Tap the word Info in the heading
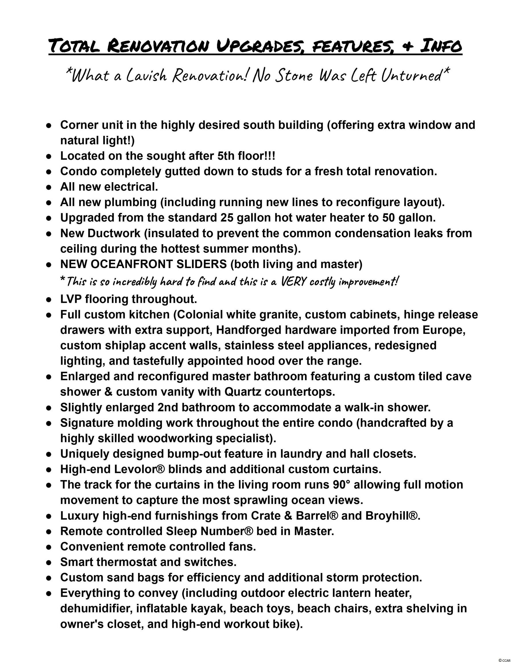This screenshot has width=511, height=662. point(441,46)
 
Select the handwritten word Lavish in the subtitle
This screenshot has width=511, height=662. point(146,76)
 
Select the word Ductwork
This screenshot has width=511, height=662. point(114,233)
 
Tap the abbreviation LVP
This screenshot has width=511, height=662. point(71,299)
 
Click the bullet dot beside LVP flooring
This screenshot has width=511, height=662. point(48,300)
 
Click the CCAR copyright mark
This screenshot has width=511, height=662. point(504,658)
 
